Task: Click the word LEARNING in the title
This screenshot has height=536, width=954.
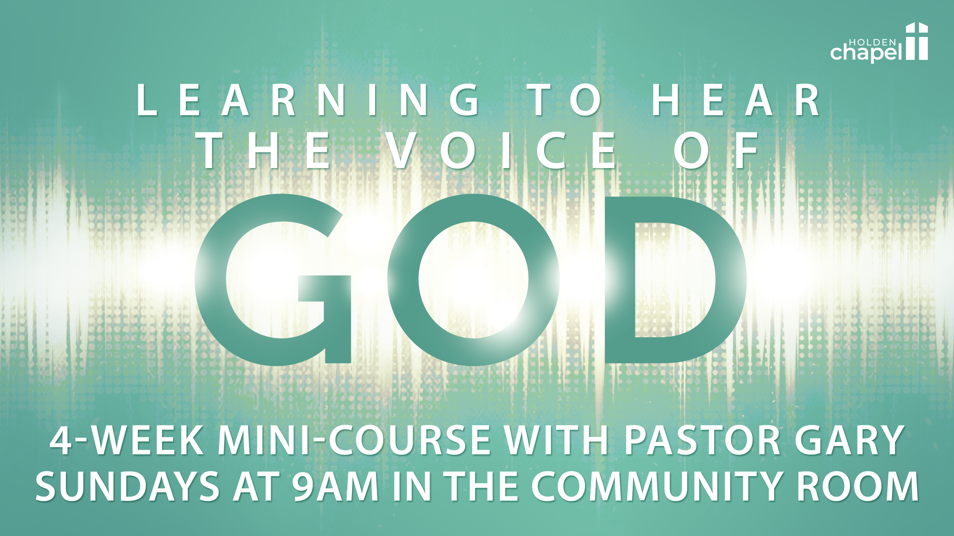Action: click(307, 100)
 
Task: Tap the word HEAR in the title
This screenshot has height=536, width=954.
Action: click(735, 100)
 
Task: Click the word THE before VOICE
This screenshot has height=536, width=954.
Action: click(265, 151)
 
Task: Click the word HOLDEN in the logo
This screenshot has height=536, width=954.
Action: click(872, 43)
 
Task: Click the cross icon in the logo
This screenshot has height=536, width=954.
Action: click(917, 41)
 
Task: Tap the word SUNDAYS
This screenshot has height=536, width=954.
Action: click(128, 486)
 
